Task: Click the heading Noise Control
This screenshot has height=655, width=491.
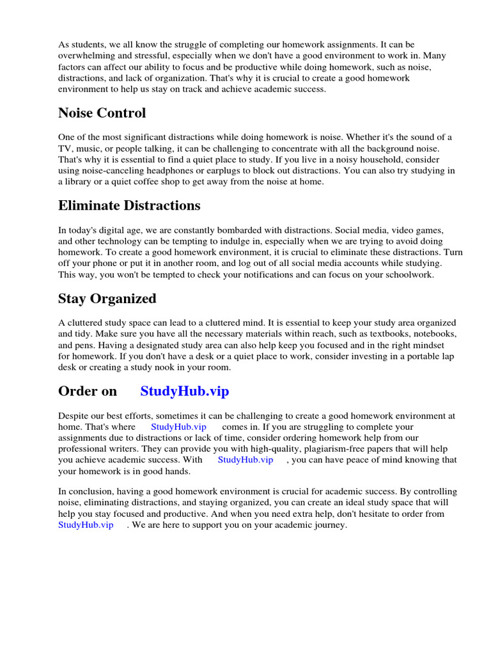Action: point(102,113)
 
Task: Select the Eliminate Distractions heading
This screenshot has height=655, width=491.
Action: point(129,205)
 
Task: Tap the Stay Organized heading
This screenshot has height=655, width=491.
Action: point(107,298)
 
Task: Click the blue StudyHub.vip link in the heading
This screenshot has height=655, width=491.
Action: point(184,391)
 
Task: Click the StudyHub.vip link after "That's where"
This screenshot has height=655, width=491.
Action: point(178,427)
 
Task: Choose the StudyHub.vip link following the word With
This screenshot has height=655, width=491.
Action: point(245,459)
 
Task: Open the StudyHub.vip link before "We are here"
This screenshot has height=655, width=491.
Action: point(86,525)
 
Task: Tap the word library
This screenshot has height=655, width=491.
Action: point(81,181)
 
